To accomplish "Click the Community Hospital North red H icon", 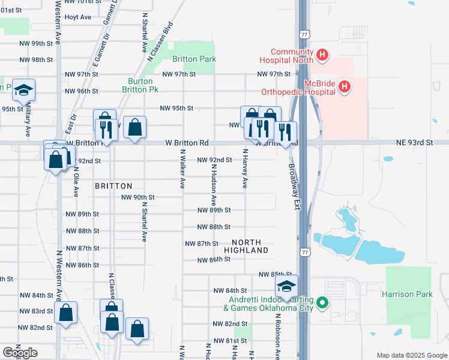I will click(x=322, y=56).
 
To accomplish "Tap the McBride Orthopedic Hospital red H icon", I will click(x=345, y=88).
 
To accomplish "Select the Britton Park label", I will click(x=194, y=59).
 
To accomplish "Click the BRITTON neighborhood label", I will click(x=113, y=186).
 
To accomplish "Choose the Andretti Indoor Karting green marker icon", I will click(x=322, y=303).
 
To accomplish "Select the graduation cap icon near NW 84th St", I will click(x=286, y=286).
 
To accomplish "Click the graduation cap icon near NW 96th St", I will click(x=23, y=91).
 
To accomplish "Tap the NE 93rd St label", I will click(x=414, y=143).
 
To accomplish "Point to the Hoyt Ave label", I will click(x=77, y=17).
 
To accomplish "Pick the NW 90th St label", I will click(x=138, y=197).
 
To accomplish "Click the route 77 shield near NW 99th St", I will click(x=306, y=35).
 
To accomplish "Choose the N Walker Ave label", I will click(x=182, y=170).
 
